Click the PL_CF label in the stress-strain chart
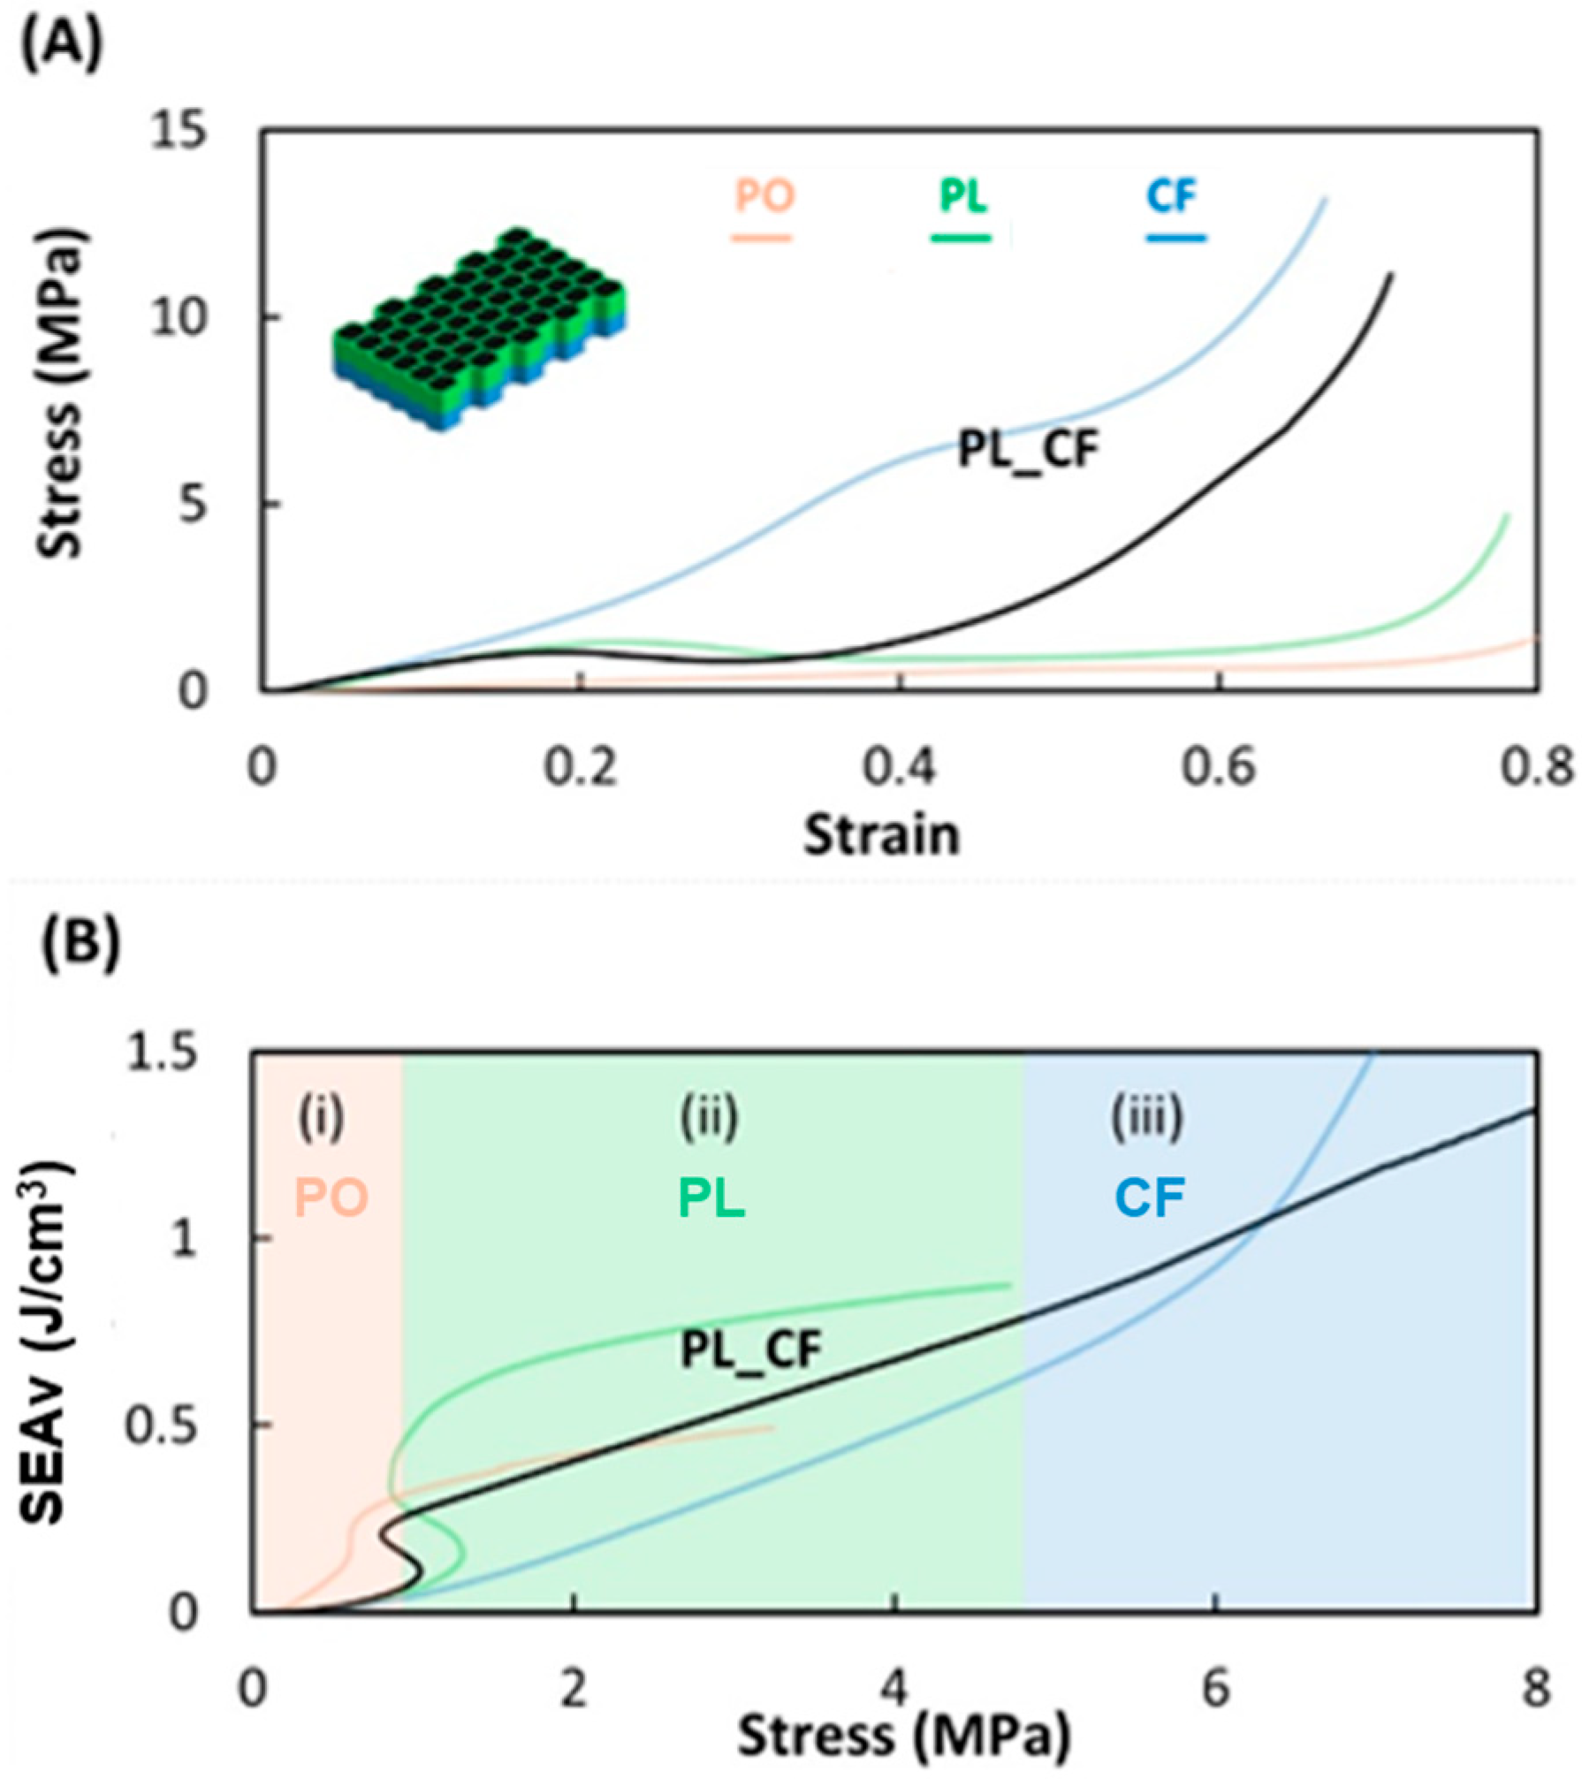pyautogui.click(x=1028, y=451)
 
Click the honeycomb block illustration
pyautogui.click(x=480, y=329)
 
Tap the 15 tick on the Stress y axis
pyautogui.click(x=178, y=133)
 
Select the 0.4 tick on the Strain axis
pyautogui.click(x=900, y=768)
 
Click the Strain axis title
pyautogui.click(x=881, y=835)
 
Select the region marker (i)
pyautogui.click(x=320, y=1117)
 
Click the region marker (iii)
pyautogui.click(x=1146, y=1117)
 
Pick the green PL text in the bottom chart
pyautogui.click(x=711, y=1197)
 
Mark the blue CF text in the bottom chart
pyautogui.click(x=1149, y=1197)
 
